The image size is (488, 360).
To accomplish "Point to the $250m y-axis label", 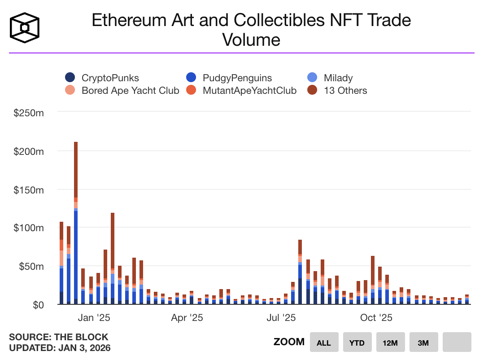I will (x=29, y=113).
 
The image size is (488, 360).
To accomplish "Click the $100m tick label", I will (x=29, y=228).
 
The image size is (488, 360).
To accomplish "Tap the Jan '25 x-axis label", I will (x=94, y=318).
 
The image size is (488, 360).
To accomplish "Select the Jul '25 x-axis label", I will (x=281, y=318).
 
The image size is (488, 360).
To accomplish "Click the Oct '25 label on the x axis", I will (x=376, y=318).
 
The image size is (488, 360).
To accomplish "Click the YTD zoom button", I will (x=357, y=342).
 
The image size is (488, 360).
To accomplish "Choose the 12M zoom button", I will (x=390, y=342).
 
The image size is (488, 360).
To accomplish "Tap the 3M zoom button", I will (x=423, y=342).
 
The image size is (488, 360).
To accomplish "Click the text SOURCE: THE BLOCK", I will (x=59, y=337).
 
